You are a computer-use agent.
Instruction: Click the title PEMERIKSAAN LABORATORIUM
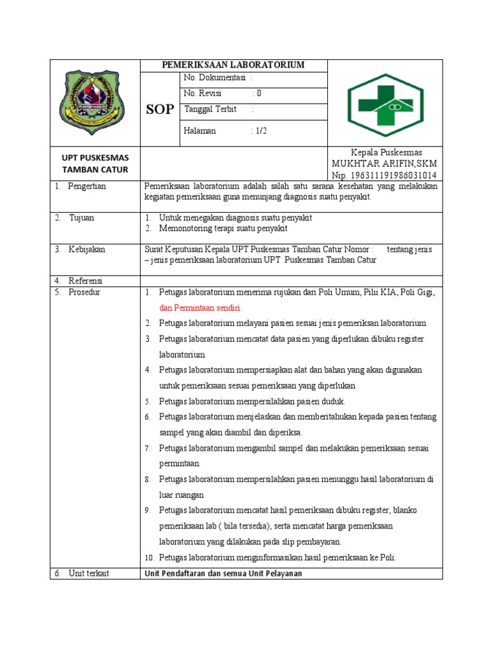(x=233, y=65)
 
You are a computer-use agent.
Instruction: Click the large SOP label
(x=159, y=110)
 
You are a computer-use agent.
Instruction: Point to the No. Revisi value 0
(x=259, y=93)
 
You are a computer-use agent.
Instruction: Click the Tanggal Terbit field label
(x=210, y=109)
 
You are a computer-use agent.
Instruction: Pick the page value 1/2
(x=261, y=131)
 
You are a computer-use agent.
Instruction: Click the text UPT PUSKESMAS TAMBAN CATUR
(x=95, y=163)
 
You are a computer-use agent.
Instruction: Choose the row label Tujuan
(x=82, y=218)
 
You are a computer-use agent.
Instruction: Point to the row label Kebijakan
(x=87, y=250)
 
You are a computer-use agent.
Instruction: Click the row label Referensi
(x=87, y=281)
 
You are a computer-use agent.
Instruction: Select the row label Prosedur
(x=85, y=292)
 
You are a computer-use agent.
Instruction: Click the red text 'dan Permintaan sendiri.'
(x=201, y=308)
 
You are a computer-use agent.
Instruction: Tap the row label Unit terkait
(x=89, y=573)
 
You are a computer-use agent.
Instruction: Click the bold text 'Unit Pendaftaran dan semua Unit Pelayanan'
(x=222, y=573)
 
